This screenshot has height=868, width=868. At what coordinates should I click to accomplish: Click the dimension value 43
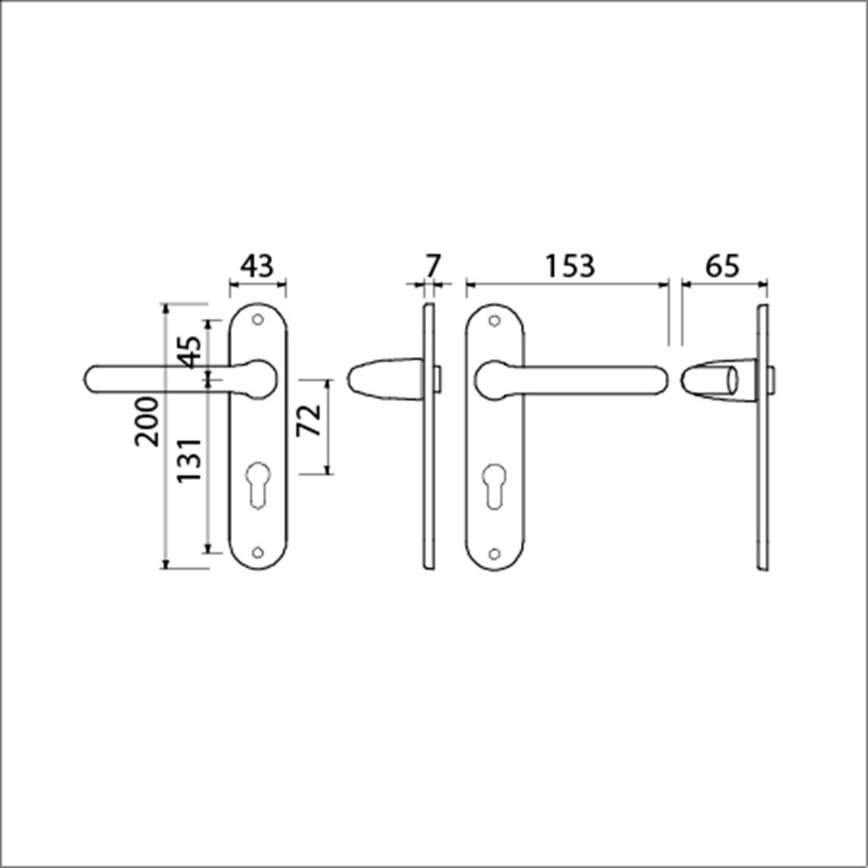[x=257, y=266]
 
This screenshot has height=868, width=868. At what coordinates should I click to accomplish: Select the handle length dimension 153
[x=569, y=266]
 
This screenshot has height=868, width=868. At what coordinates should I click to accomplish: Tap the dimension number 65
[x=721, y=266]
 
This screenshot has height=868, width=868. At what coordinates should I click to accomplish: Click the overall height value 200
[x=148, y=421]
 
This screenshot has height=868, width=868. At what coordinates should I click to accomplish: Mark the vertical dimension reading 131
[x=191, y=460]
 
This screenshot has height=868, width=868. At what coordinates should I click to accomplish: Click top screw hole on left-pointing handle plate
[x=257, y=320]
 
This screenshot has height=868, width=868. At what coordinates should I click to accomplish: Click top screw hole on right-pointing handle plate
[x=495, y=320]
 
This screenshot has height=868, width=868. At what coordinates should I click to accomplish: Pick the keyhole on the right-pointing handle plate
[x=495, y=485]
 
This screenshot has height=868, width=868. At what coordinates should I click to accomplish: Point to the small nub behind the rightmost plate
[x=773, y=379]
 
